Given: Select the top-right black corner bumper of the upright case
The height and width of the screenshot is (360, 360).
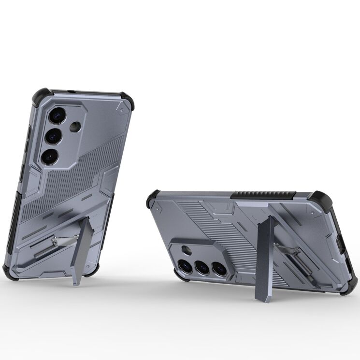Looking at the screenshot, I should tap(128, 102).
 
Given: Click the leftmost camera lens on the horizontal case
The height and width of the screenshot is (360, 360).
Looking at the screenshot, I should tap(185, 264).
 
